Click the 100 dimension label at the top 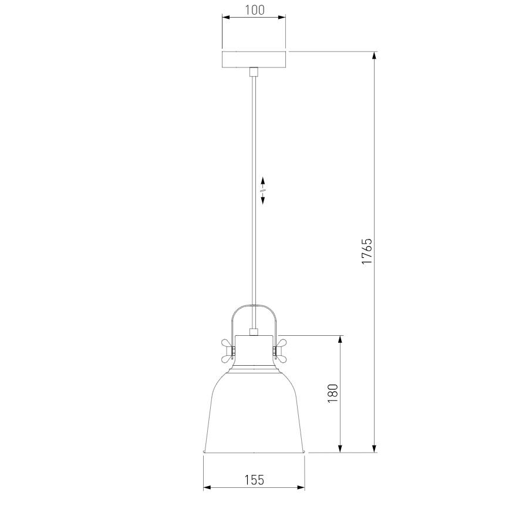click(x=254, y=10)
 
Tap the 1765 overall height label click(x=367, y=251)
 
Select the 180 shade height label click(x=333, y=393)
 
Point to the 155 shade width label click(x=254, y=480)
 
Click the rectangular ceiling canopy click(x=254, y=59)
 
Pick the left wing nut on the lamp click(x=228, y=351)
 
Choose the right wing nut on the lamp click(x=280, y=351)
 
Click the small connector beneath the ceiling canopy click(x=254, y=72)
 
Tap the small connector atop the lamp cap click(x=254, y=332)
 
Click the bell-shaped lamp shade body click(x=254, y=412)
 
